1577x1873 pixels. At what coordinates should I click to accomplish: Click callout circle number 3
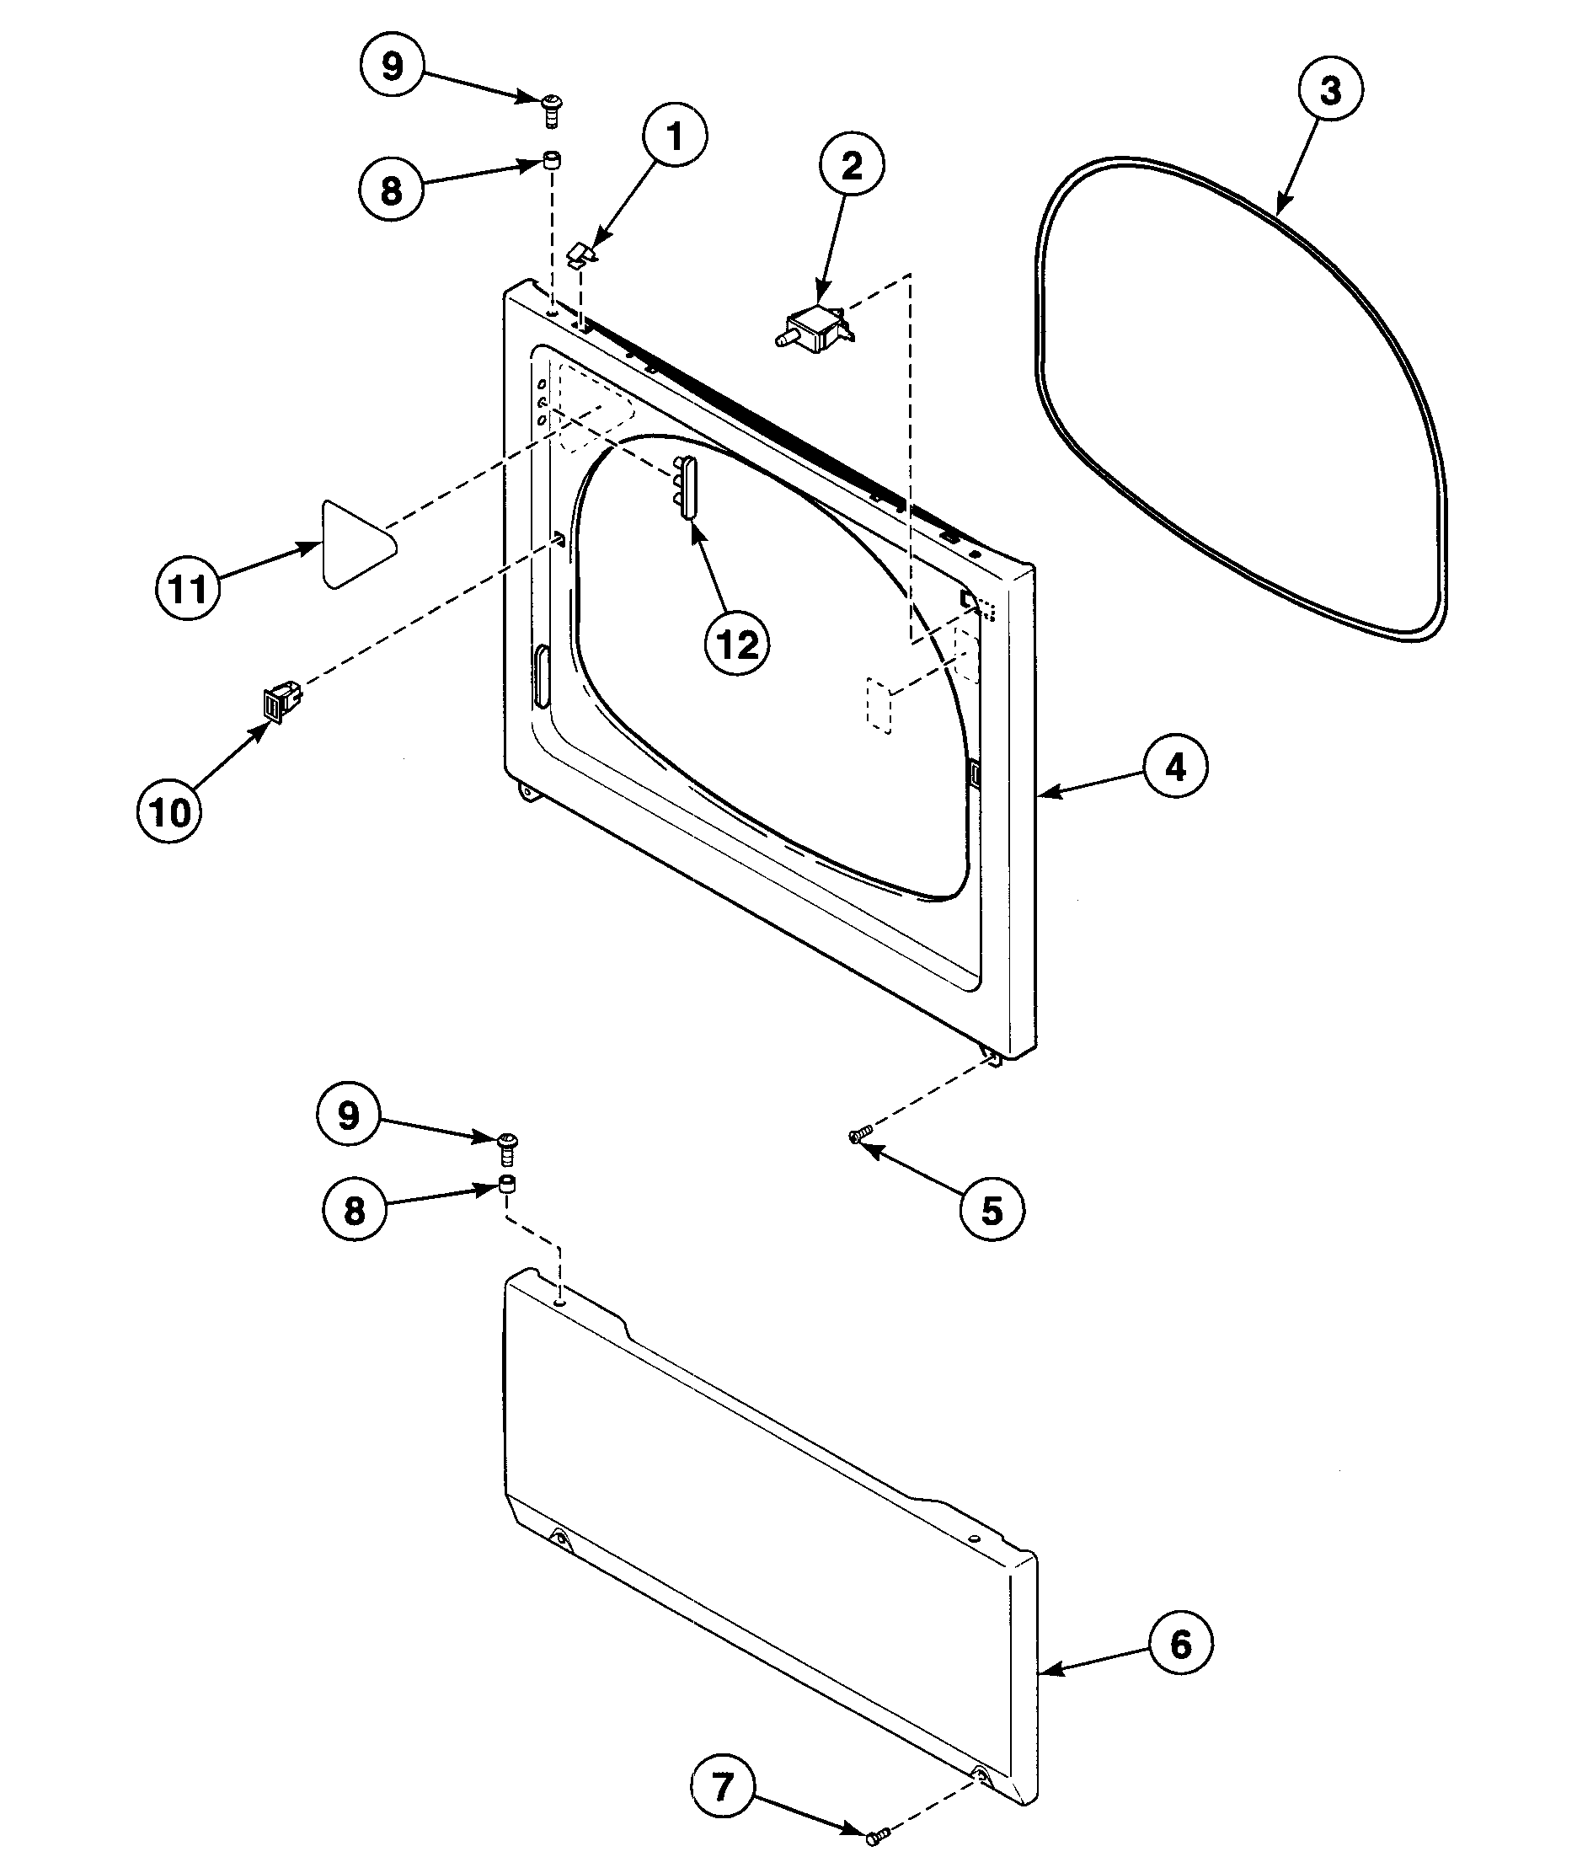point(1330,90)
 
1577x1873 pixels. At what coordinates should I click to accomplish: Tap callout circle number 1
point(674,137)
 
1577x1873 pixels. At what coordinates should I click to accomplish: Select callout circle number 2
point(852,165)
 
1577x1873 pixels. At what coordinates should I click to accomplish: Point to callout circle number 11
point(188,588)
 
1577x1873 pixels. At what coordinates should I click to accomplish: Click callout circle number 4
point(1174,767)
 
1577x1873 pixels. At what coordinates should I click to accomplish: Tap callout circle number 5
point(992,1211)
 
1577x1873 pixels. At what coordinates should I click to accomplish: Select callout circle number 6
point(1180,1644)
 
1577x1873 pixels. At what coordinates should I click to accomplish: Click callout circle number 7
point(722,1787)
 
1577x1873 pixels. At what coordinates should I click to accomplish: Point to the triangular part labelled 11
point(355,543)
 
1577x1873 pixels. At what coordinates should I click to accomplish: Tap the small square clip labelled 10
point(277,701)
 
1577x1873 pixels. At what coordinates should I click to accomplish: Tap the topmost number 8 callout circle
point(392,190)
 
